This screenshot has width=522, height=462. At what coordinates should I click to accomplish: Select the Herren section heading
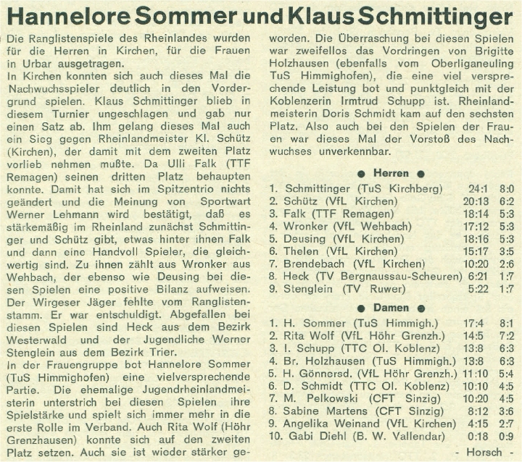(391, 174)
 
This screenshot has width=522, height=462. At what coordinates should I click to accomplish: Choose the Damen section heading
(391, 308)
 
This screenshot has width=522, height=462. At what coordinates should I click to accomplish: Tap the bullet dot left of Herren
(360, 175)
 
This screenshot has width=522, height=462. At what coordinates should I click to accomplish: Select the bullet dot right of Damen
(421, 308)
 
